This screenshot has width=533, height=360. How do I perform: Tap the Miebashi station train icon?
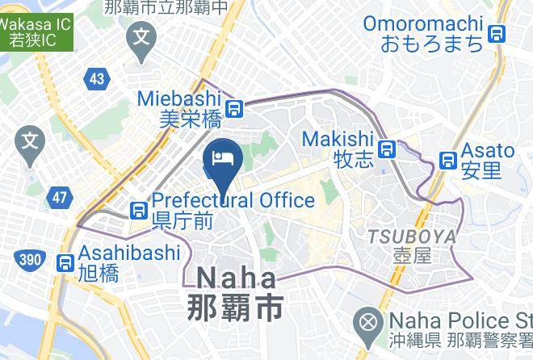[234, 108]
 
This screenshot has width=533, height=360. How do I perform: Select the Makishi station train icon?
[388, 149]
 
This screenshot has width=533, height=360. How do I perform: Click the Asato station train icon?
[447, 161]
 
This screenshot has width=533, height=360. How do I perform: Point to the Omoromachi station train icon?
[497, 33]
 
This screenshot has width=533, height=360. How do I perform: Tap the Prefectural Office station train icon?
[139, 211]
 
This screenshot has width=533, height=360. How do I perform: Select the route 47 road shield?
[59, 197]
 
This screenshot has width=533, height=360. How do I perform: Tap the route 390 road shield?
[27, 258]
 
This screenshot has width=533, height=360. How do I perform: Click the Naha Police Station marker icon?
[368, 324]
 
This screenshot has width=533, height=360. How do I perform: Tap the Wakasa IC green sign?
[36, 31]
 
